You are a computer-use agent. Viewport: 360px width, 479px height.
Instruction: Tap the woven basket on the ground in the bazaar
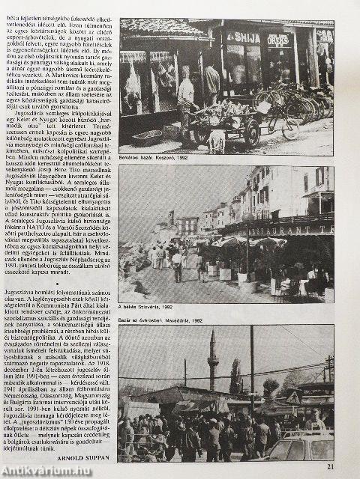tap(146, 138)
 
